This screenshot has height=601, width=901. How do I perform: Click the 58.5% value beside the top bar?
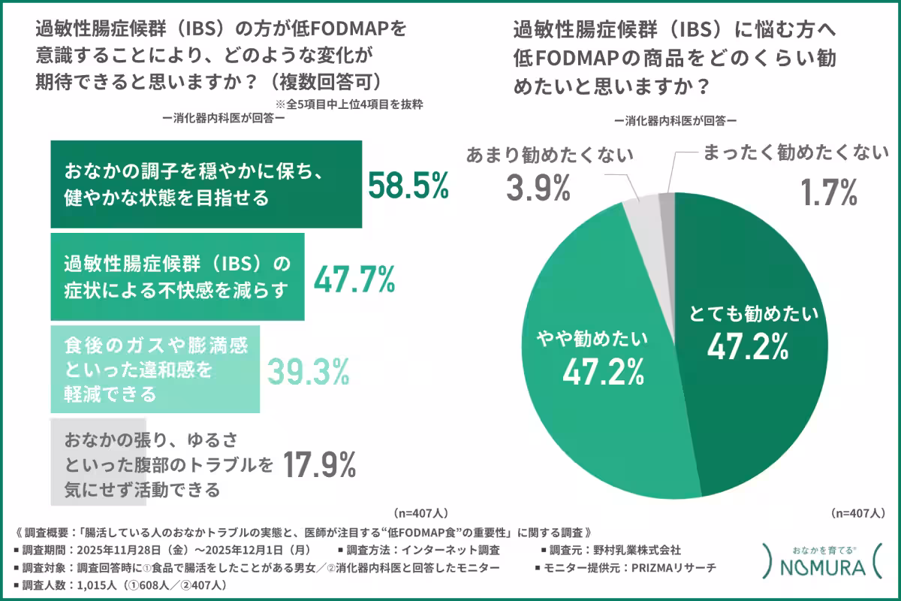pyautogui.click(x=408, y=185)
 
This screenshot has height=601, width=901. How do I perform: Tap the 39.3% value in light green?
pyautogui.click(x=309, y=369)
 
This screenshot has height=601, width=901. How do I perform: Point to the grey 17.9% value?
pyautogui.click(x=318, y=465)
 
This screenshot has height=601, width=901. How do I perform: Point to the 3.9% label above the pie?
pyautogui.click(x=538, y=189)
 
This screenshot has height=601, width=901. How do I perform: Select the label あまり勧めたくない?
pyautogui.click(x=550, y=155)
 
